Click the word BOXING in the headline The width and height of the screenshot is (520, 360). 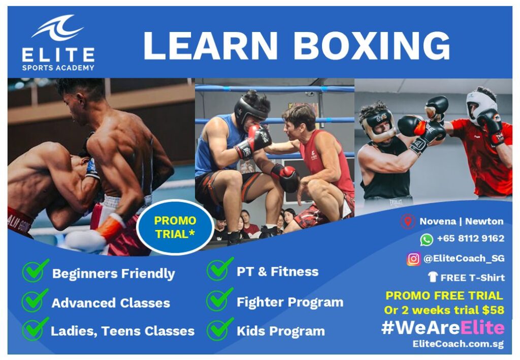372,46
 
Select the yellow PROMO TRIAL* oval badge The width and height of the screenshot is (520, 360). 175,227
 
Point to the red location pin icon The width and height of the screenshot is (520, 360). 408,221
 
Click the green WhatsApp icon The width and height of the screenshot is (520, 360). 427,239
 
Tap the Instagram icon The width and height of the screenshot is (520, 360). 413,258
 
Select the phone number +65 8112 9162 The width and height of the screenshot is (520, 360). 471,238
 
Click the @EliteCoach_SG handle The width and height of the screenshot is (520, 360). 464,258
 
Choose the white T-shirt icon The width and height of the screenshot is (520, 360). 433,277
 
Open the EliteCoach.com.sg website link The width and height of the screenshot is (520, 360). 458,344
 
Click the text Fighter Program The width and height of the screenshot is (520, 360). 290,302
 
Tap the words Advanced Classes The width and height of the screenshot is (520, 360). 111,303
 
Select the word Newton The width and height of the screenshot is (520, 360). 484,221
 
